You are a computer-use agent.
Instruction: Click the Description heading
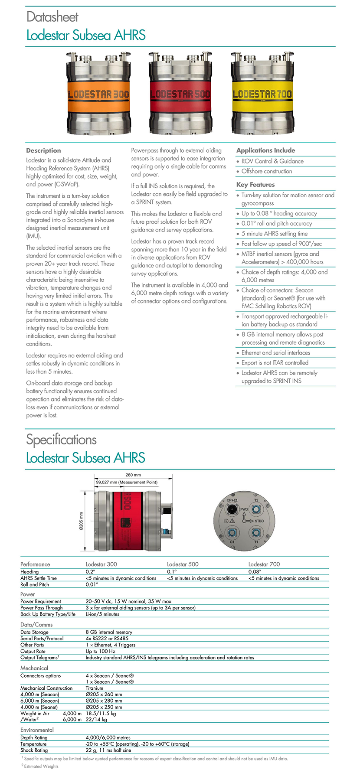point(43,150)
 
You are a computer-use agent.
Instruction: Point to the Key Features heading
point(255,185)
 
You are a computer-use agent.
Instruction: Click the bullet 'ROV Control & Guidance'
point(272,161)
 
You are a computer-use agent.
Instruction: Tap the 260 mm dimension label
point(133,475)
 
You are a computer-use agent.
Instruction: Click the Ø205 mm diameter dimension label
point(81,521)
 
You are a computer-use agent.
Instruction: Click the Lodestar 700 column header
point(264,564)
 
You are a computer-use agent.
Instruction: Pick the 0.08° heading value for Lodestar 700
point(255,572)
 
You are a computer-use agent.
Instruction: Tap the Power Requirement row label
point(41,601)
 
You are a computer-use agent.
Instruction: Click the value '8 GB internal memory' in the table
point(109,632)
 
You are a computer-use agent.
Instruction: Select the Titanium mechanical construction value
point(95,688)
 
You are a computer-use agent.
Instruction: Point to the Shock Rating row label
point(34,750)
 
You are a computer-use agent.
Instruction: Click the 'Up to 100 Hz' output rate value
point(101,651)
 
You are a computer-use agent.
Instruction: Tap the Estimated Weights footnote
point(40,766)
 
